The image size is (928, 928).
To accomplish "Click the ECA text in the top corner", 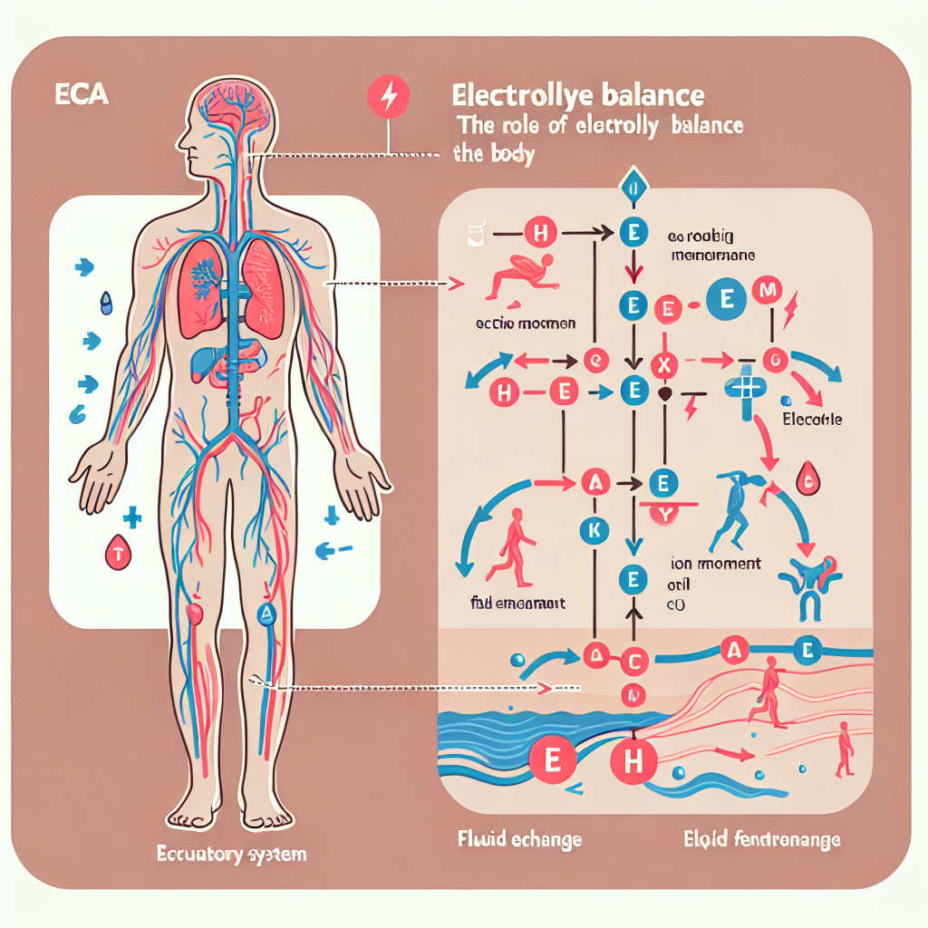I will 82,94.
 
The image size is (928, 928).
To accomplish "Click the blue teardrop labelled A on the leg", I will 266,614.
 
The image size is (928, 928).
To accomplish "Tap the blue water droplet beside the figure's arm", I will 108,303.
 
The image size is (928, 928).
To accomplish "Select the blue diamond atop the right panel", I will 632,188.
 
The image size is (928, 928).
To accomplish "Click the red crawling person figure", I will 521,276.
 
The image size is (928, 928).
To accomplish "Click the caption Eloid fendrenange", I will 761,839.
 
